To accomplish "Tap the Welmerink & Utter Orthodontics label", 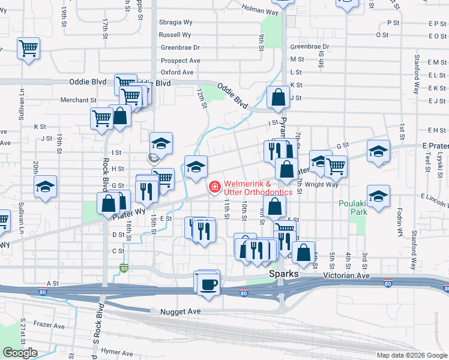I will point(258,188).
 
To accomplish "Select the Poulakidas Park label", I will point(352,207).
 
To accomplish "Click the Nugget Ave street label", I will point(180,312).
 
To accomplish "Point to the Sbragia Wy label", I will point(175,22).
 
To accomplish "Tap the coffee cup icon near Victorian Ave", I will point(208,284).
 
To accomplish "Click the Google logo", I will point(20,353).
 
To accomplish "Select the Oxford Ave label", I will point(177,72).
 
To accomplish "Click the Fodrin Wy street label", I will point(400,221).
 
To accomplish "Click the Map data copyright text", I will point(412,355).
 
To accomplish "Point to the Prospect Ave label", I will point(181,61).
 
